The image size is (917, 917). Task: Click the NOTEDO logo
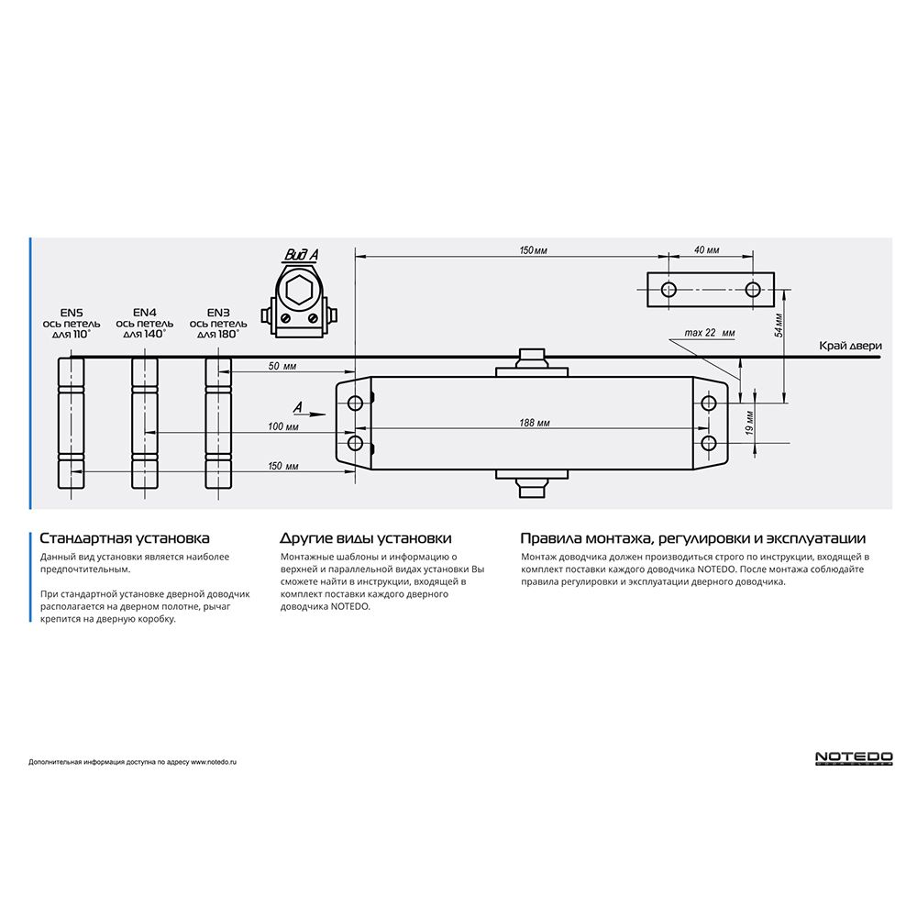(x=854, y=758)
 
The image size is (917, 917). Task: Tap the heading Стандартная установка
(x=125, y=538)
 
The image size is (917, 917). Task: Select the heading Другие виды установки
(x=365, y=538)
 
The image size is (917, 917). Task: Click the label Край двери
(x=851, y=346)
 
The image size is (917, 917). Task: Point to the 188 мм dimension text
(x=535, y=423)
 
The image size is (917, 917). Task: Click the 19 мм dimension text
(x=749, y=423)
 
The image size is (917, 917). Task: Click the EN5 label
(x=70, y=312)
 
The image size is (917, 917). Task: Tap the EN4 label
(x=144, y=312)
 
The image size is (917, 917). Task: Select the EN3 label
(x=218, y=312)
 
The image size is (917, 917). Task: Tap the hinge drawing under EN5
(x=71, y=423)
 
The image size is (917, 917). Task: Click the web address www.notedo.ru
(x=214, y=762)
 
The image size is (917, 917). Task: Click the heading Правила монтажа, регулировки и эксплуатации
(x=692, y=538)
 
